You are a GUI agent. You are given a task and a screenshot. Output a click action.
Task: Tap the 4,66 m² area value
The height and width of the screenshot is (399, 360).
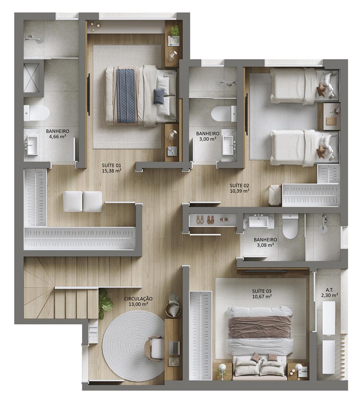tap(58, 136)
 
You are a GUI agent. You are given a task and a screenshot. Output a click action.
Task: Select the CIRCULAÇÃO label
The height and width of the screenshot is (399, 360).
tap(138, 299)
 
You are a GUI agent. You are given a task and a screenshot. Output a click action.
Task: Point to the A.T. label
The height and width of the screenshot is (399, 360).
tap(329, 290)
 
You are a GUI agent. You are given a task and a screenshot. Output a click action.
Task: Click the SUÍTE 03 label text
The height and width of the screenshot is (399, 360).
tap(262, 291)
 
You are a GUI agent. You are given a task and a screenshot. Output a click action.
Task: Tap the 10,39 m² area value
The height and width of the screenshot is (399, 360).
tap(239, 191)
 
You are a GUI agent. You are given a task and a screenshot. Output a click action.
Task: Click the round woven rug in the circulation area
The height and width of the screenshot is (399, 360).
tap(135, 346)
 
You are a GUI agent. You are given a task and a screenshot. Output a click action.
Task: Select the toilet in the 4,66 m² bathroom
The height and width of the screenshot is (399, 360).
tap(37, 113)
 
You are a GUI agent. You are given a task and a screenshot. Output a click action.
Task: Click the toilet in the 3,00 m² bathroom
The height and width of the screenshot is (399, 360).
tap(224, 113)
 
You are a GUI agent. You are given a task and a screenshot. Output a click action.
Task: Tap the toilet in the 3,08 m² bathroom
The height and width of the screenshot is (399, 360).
tap(290, 226)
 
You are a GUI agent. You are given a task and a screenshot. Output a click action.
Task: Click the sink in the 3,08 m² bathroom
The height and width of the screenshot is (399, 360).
tap(258, 221)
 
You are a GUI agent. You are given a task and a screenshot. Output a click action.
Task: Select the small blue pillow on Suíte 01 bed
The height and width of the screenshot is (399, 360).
tap(159, 96)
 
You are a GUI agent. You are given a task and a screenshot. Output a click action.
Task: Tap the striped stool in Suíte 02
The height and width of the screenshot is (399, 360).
tap(275, 195)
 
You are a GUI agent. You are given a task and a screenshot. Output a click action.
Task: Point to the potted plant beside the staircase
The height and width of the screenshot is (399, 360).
tap(105, 304)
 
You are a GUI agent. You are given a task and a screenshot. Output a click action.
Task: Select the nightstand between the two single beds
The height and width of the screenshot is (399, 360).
tap(332, 116)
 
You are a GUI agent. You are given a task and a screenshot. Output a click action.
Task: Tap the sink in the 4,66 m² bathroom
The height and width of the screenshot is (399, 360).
tap(31, 146)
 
